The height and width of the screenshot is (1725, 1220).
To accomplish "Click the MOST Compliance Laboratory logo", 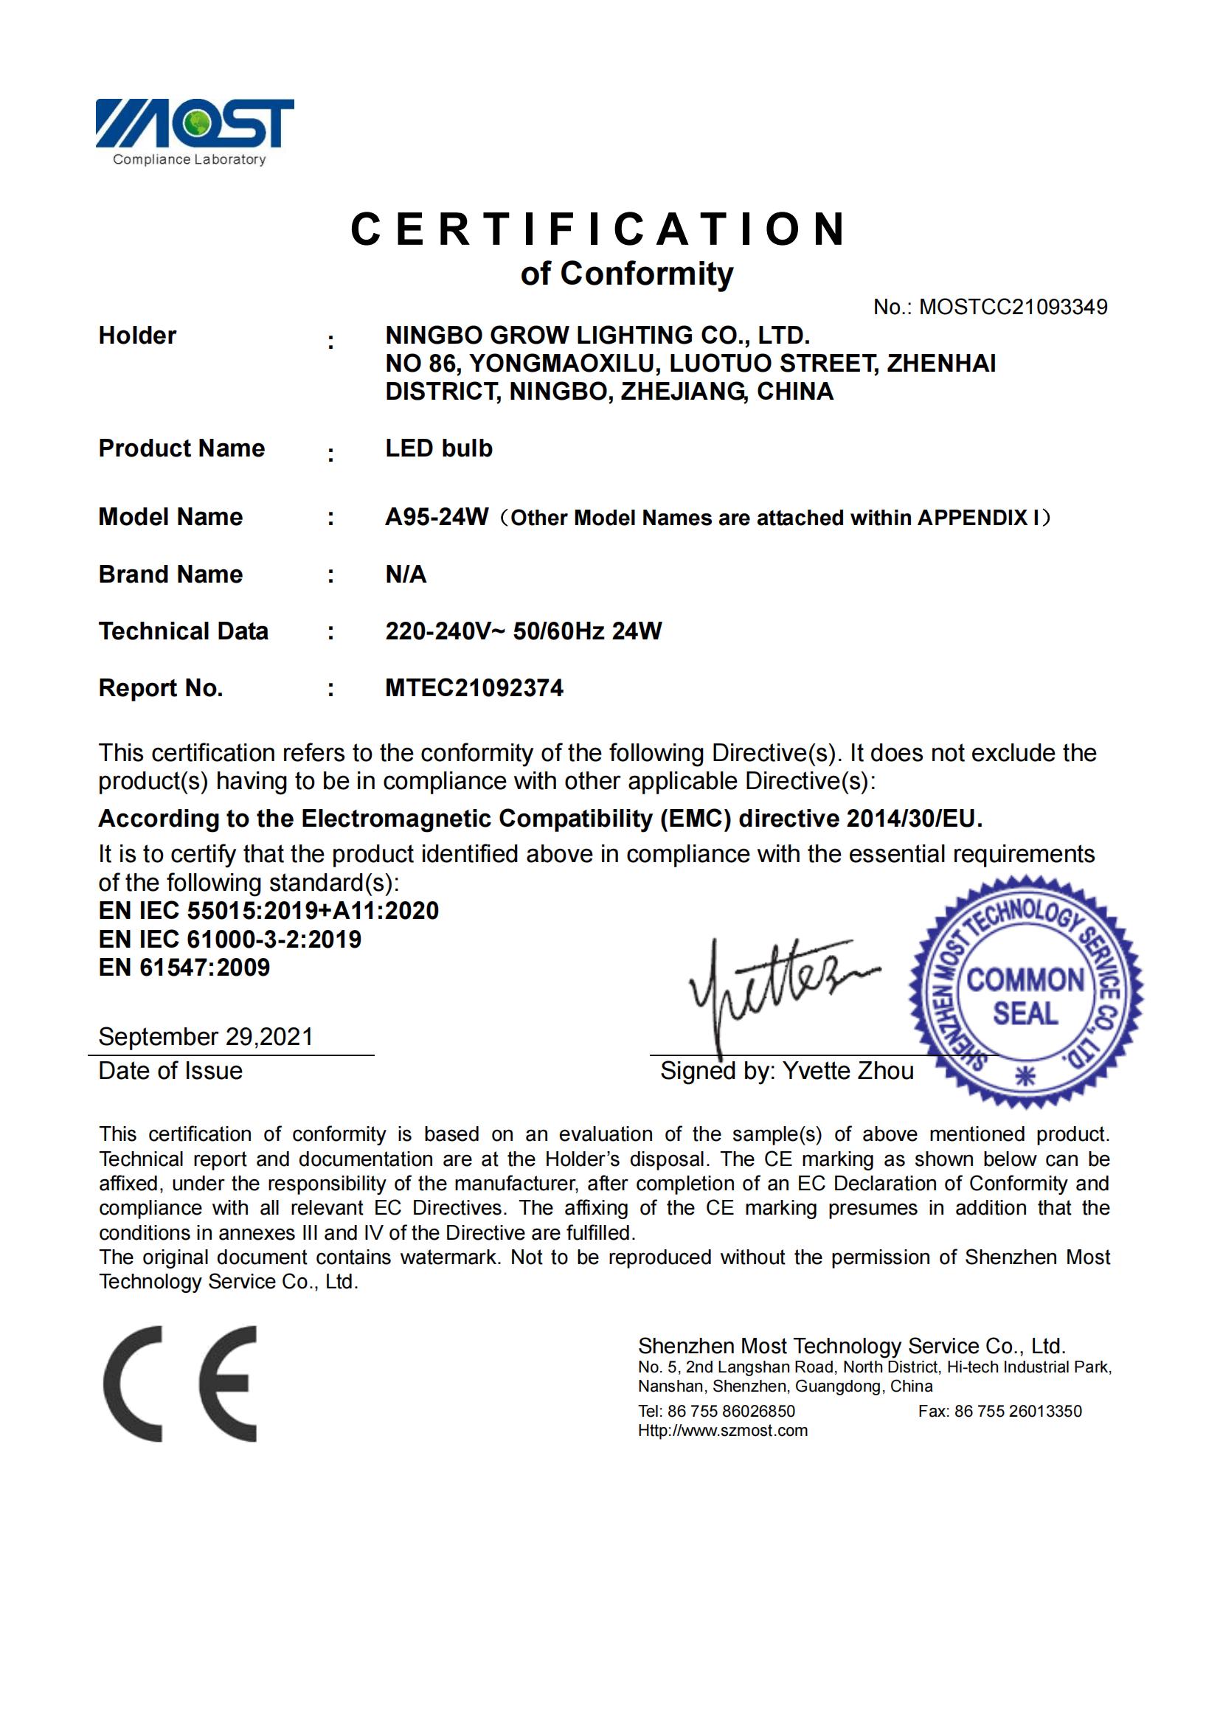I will tap(194, 131).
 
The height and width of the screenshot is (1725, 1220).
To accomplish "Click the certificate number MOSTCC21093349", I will tap(1013, 307).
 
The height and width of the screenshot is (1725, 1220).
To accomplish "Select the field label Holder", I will tap(137, 336).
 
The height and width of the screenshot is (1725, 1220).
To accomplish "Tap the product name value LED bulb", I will tap(439, 448).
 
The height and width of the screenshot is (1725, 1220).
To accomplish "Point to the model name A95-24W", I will tap(437, 517).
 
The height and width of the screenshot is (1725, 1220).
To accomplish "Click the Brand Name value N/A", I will tap(406, 574).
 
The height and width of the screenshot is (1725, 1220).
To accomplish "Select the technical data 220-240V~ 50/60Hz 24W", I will tap(523, 631).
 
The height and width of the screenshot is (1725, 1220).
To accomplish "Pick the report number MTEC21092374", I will tap(474, 688).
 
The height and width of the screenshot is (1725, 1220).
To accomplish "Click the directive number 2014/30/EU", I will tap(913, 818).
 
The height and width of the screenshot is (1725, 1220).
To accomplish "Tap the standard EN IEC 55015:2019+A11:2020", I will tap(268, 911).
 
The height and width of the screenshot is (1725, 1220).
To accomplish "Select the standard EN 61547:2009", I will tap(184, 968).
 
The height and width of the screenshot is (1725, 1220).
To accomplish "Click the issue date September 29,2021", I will tap(205, 1037).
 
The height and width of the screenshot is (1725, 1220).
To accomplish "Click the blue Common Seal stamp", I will tap(1025, 992).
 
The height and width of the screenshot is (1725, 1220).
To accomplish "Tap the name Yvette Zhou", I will tap(848, 1071).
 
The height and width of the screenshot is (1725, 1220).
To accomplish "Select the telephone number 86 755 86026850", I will tap(730, 1411).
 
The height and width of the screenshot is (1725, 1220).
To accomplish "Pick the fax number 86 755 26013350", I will tap(1017, 1411).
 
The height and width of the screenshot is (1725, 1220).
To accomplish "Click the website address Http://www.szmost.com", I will tap(723, 1431).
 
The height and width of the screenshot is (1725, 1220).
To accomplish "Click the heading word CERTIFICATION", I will tap(600, 229).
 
